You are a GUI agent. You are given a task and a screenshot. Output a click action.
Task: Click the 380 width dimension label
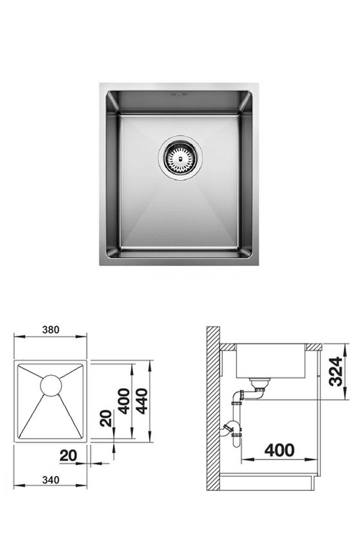[51, 329]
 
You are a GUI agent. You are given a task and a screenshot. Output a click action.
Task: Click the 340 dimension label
[51, 479]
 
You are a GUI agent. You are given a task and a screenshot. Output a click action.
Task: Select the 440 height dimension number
[143, 401]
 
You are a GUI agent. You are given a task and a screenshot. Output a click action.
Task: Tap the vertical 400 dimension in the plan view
[124, 401]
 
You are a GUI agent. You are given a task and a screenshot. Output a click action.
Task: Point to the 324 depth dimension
[336, 371]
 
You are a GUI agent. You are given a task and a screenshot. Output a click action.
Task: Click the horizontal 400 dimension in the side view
[280, 450]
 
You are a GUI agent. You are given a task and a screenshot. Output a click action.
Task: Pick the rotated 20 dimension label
[106, 418]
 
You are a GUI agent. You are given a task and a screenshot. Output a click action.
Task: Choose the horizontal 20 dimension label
[68, 456]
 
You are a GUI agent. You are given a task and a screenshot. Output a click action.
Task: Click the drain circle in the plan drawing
[51, 385]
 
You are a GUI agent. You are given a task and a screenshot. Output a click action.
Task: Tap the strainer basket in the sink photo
[180, 158]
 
